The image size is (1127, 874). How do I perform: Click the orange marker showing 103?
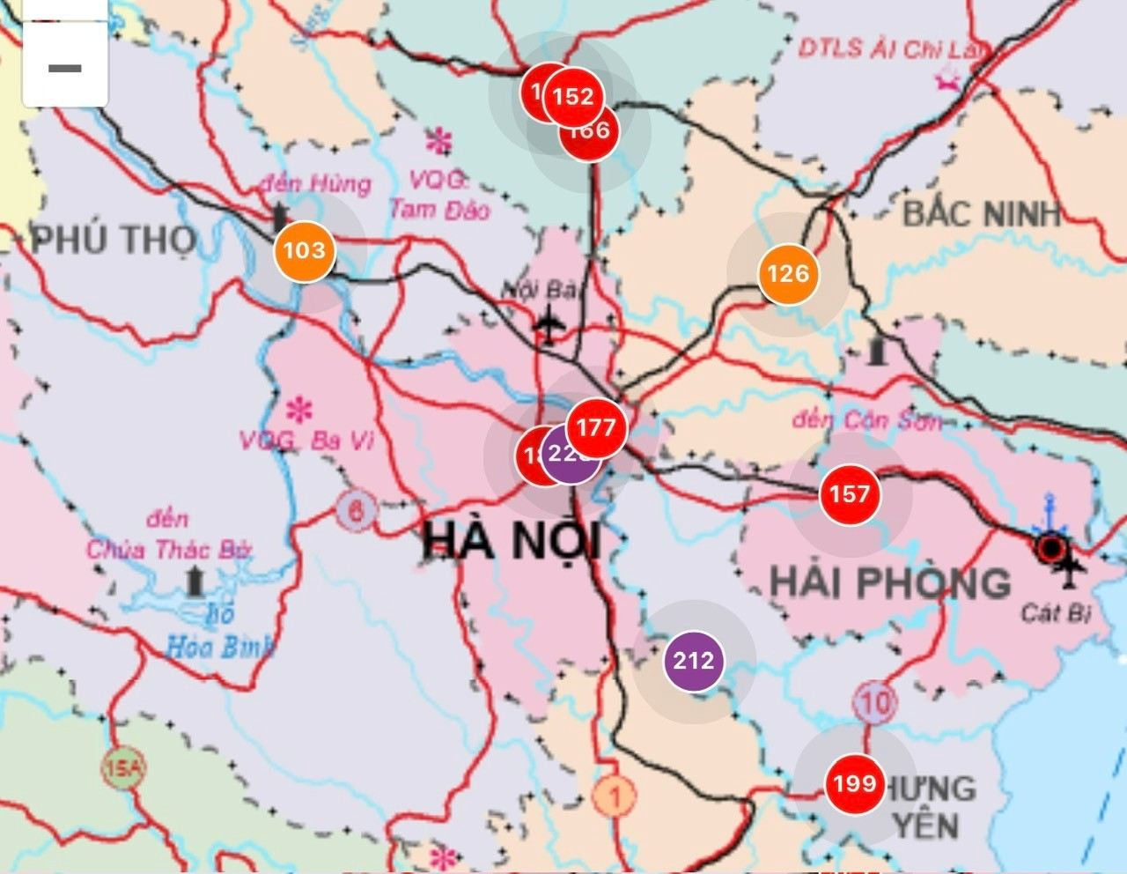(305, 251)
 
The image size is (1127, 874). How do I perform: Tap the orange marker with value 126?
(788, 274)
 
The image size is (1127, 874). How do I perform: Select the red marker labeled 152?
(573, 96)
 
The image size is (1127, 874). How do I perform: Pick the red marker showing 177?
(596, 429)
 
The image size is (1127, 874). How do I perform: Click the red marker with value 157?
(850, 494)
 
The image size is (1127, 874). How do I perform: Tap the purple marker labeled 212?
(694, 660)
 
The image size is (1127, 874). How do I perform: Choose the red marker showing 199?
(854, 783)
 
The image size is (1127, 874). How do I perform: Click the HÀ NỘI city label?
(511, 540)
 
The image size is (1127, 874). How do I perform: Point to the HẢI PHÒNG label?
(890, 582)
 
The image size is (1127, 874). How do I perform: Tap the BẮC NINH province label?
(982, 214)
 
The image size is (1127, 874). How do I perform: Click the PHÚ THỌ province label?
(114, 240)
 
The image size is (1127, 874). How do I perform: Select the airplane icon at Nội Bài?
(549, 324)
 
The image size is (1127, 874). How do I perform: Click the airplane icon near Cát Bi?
(1071, 570)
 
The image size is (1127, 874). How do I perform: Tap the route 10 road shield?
(874, 702)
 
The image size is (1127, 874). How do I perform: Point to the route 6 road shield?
(356, 510)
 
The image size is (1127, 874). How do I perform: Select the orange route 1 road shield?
(615, 797)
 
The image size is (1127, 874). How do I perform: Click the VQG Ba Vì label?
(307, 440)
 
